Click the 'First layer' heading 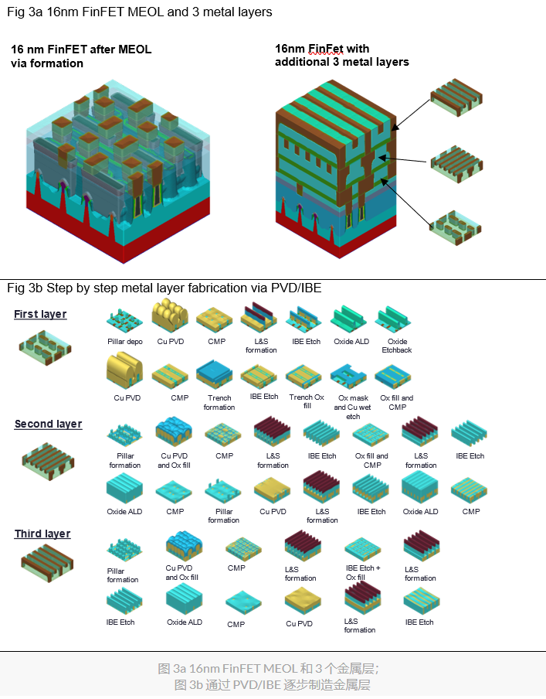40,314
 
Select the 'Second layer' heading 48,424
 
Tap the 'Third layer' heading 42,534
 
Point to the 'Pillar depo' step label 125,341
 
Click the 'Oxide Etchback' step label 398,346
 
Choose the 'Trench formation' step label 219,403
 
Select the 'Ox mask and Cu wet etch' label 352,407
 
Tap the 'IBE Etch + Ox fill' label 362,572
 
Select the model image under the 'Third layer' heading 46,562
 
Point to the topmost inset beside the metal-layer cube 456,97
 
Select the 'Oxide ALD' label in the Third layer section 185,622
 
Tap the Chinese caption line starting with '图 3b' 273,684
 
